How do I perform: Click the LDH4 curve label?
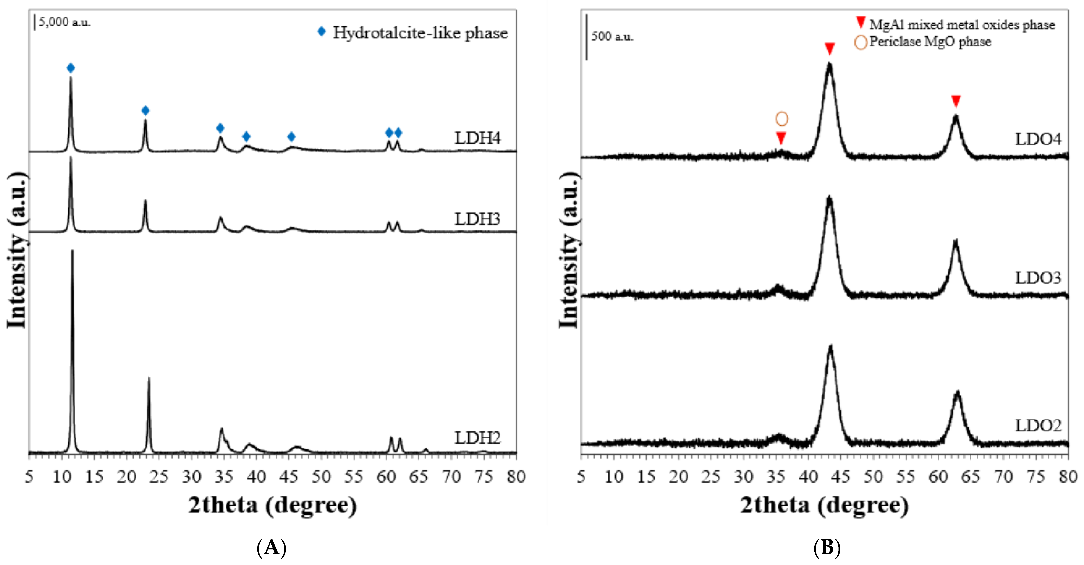point(477,138)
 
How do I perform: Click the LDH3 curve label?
point(477,219)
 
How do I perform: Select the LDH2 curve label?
point(477,438)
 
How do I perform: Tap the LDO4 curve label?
point(1038,139)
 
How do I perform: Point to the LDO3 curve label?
point(1038,278)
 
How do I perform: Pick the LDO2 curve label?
point(1038,426)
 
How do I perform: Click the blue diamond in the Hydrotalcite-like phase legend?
point(322,32)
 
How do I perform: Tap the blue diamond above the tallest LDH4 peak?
point(71,68)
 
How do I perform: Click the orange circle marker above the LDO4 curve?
point(781,119)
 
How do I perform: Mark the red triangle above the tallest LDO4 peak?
point(829,49)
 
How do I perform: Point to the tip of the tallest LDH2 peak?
point(72,251)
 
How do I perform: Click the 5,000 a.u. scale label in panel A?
point(64,22)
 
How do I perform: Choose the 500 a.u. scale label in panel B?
point(612,37)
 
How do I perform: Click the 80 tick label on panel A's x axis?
point(516,477)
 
